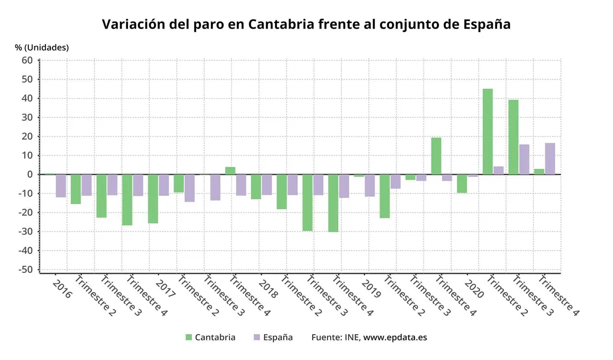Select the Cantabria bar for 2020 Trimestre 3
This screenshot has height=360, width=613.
point(513,137)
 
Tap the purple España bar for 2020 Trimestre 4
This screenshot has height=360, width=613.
point(550,158)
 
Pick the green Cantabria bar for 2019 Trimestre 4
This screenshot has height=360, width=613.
point(436,156)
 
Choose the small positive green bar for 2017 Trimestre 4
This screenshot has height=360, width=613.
point(230,170)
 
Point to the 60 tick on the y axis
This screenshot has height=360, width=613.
point(27,60)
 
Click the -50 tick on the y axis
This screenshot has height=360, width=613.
point(25,269)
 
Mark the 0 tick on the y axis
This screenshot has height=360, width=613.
point(29,174)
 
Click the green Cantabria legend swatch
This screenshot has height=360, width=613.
point(188,337)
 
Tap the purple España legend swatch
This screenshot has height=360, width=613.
point(256,337)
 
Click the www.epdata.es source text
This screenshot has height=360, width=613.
point(395,337)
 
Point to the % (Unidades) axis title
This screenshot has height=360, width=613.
point(42,47)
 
